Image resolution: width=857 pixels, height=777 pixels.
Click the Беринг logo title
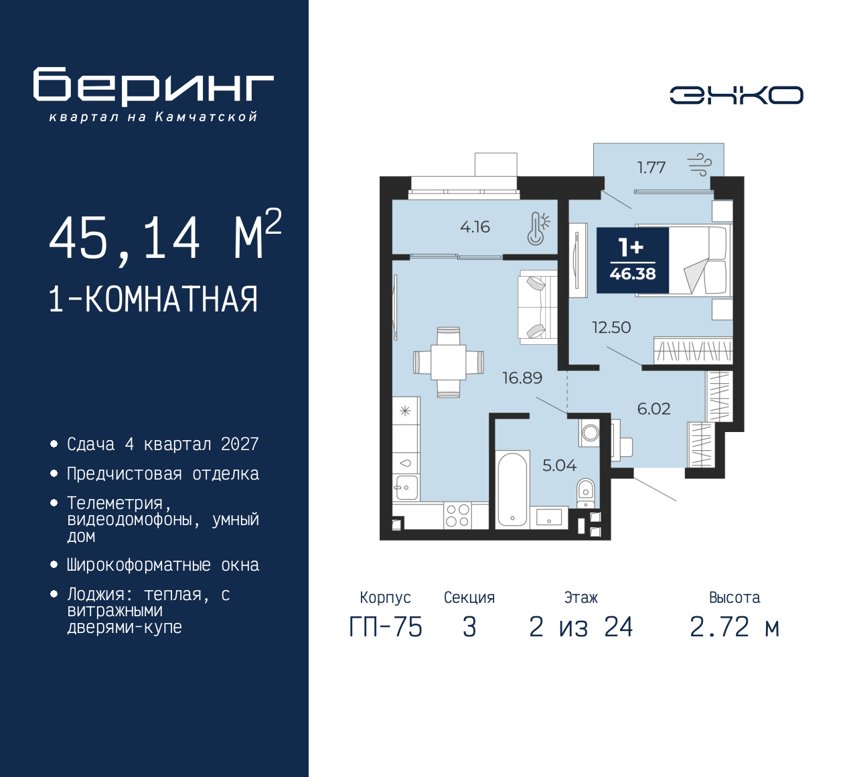click(153, 86)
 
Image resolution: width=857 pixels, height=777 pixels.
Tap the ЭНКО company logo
click(736, 95)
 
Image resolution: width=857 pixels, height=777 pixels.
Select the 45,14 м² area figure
click(165, 236)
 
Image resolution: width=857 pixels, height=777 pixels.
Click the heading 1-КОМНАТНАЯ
click(153, 299)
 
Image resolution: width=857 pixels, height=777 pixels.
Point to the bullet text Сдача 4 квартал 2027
click(163, 444)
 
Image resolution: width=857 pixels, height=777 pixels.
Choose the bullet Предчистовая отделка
click(163, 474)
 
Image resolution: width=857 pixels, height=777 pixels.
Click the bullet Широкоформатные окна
click(163, 565)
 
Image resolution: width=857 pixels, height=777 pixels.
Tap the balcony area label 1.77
click(651, 167)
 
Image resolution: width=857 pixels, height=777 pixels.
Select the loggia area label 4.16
click(475, 227)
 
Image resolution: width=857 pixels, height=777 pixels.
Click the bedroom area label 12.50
click(611, 328)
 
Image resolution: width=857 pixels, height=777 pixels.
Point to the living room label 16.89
click(522, 378)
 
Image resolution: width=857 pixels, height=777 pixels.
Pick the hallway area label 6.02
click(653, 409)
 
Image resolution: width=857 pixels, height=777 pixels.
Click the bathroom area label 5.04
click(559, 466)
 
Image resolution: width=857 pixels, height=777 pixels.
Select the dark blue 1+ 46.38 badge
click(633, 260)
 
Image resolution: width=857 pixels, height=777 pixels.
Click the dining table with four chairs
click(448, 362)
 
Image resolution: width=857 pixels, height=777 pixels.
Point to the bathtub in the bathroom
click(513, 490)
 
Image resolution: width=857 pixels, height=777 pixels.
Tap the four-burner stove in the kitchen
click(457, 515)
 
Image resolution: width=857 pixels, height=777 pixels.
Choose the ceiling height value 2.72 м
click(734, 627)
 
